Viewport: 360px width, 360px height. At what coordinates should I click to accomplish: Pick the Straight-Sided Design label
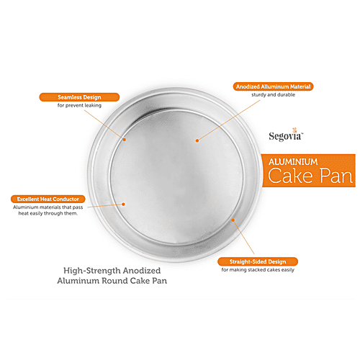259,261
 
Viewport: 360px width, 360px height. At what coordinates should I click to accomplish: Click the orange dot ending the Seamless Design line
123,139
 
